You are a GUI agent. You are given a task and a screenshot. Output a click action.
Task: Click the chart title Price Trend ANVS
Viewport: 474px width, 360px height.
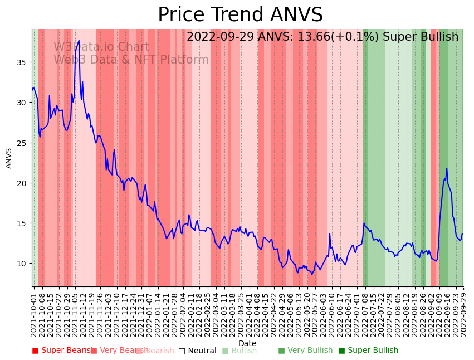point(240,15)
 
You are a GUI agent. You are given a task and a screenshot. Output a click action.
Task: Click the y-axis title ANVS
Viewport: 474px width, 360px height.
point(9,158)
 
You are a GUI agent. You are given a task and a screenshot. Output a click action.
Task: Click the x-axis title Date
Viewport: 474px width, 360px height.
point(247,343)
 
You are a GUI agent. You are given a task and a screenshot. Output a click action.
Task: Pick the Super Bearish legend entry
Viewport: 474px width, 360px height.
point(62,351)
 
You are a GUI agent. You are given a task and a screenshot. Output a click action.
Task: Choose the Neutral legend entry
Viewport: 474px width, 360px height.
point(197,351)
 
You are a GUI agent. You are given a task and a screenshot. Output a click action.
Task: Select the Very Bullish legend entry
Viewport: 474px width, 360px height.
point(305,351)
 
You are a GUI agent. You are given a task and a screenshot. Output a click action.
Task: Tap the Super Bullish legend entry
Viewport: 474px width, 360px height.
point(368,351)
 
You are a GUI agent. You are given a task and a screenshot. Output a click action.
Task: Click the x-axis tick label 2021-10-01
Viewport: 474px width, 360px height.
point(33,315)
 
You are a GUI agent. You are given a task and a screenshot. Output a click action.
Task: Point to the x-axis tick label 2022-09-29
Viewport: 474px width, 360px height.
point(463,315)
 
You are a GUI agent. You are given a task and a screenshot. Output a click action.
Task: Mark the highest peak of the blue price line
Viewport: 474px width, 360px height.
point(79,41)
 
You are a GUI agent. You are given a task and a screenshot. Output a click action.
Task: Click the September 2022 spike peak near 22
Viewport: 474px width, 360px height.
point(446,168)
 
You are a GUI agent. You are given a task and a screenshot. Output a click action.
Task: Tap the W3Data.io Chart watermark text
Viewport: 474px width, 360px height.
point(101,47)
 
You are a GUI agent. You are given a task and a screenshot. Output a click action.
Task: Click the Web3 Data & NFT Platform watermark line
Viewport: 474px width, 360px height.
point(131,60)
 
